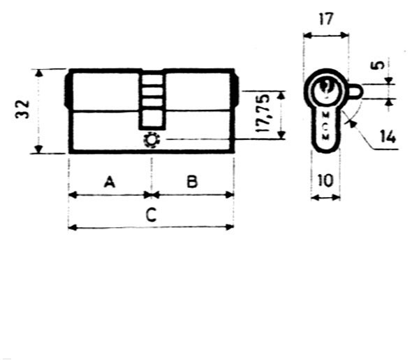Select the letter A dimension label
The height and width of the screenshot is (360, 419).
tap(109, 182)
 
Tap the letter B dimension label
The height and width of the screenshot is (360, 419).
tap(192, 182)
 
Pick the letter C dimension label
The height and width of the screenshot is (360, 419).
tap(150, 215)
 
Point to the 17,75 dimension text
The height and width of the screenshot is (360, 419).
tap(264, 115)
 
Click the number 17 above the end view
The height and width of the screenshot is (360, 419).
tap(326, 19)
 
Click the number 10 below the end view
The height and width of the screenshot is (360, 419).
tap(325, 180)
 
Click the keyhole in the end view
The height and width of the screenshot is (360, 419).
tap(325, 89)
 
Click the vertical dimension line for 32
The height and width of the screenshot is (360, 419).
tap(41, 111)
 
